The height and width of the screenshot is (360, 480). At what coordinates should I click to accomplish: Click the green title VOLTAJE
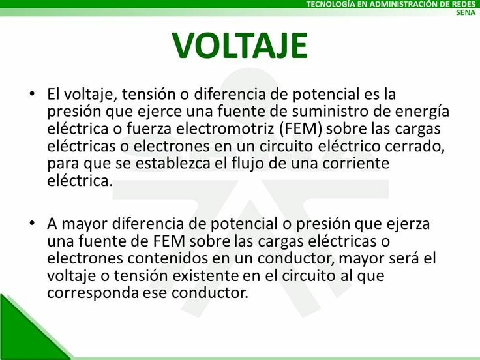[240, 45]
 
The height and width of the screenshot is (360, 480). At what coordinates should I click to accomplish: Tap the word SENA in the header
[466, 12]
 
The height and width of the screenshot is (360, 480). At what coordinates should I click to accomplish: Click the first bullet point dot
[32, 93]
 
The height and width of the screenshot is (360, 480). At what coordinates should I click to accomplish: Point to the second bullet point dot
[32, 223]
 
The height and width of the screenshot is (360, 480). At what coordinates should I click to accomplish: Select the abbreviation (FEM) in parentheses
[300, 128]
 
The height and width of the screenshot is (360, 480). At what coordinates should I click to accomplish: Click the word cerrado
[415, 146]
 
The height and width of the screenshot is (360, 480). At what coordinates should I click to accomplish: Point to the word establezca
[173, 163]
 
